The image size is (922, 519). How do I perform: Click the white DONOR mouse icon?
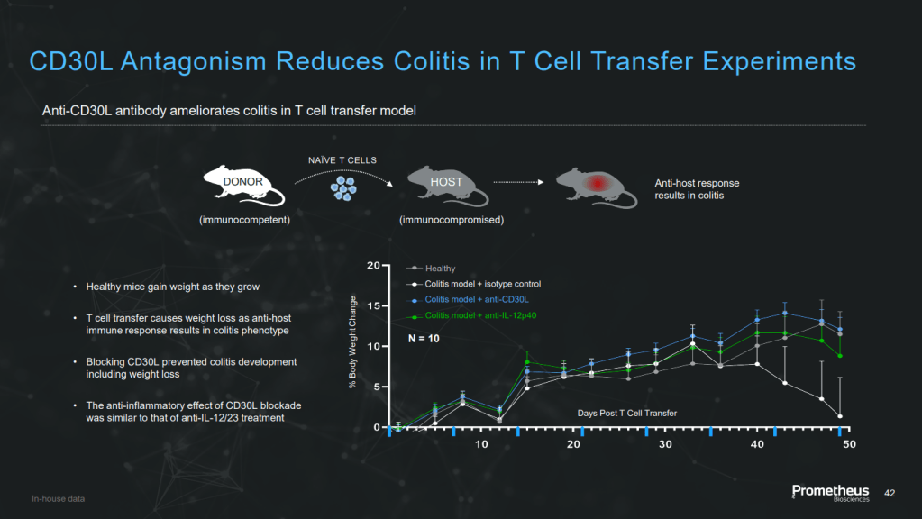pyautogui.click(x=243, y=185)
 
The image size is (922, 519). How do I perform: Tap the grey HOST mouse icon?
pyautogui.click(x=447, y=185)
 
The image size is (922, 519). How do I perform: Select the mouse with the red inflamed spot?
pyautogui.click(x=596, y=187)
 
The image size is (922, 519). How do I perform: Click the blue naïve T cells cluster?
pyautogui.click(x=343, y=188)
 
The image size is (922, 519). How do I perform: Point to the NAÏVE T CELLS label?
pyautogui.click(x=342, y=159)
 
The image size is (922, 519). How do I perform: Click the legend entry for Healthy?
pyautogui.click(x=431, y=268)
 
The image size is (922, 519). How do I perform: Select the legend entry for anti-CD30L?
pyautogui.click(x=468, y=299)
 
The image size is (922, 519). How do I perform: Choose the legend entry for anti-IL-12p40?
pyautogui.click(x=471, y=315)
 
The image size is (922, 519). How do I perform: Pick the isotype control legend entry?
pyautogui.click(x=473, y=284)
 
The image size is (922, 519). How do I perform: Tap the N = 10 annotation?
pyautogui.click(x=424, y=339)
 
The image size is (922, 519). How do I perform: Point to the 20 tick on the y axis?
pyautogui.click(x=373, y=266)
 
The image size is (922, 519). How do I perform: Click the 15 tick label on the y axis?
pyautogui.click(x=373, y=305)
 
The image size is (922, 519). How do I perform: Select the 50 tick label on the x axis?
pyautogui.click(x=849, y=444)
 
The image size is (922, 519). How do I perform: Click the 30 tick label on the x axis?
pyautogui.click(x=665, y=444)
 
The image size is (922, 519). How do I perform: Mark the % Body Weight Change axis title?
pyautogui.click(x=352, y=341)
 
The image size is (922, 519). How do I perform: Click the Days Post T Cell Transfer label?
pyautogui.click(x=626, y=414)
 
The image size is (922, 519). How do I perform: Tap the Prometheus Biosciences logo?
pyautogui.click(x=830, y=493)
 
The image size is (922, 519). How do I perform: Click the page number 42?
pyautogui.click(x=890, y=493)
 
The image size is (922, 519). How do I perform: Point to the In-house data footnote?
pyautogui.click(x=59, y=498)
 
